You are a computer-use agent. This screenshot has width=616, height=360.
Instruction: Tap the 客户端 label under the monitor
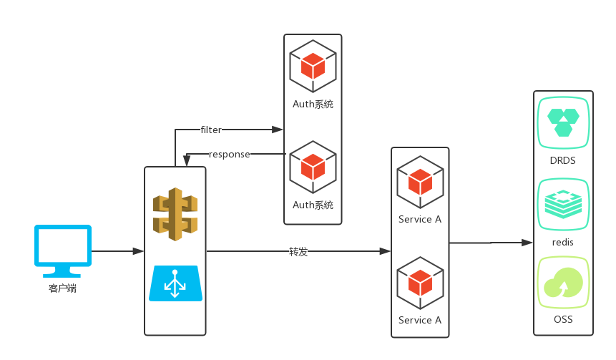[63, 288]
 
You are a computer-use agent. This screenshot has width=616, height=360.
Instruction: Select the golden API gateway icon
[175, 214]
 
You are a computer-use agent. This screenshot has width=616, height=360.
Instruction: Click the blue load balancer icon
[175, 283]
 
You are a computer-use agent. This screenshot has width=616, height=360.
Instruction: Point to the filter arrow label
[211, 130]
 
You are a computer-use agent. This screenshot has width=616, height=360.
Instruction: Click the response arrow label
[229, 154]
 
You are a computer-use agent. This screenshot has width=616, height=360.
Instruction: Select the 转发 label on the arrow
[298, 251]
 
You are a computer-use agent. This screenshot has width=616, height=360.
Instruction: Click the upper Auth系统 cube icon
[313, 66]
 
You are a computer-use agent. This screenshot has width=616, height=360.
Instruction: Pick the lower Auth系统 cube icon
[313, 167]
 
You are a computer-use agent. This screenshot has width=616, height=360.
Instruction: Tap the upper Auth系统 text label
[313, 104]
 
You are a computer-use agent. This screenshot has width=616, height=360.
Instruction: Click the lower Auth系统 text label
[313, 205]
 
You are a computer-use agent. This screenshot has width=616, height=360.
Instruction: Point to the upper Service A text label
[420, 219]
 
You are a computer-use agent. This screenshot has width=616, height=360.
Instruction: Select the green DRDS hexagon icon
[563, 122]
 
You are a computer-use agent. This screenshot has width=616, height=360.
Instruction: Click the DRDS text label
[563, 160]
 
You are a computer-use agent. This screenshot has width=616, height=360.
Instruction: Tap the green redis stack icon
[563, 204]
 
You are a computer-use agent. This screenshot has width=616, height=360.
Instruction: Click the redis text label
[563, 242]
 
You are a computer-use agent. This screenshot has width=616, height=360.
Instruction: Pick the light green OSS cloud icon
[563, 282]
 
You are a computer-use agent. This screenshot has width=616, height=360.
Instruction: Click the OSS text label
[563, 319]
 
